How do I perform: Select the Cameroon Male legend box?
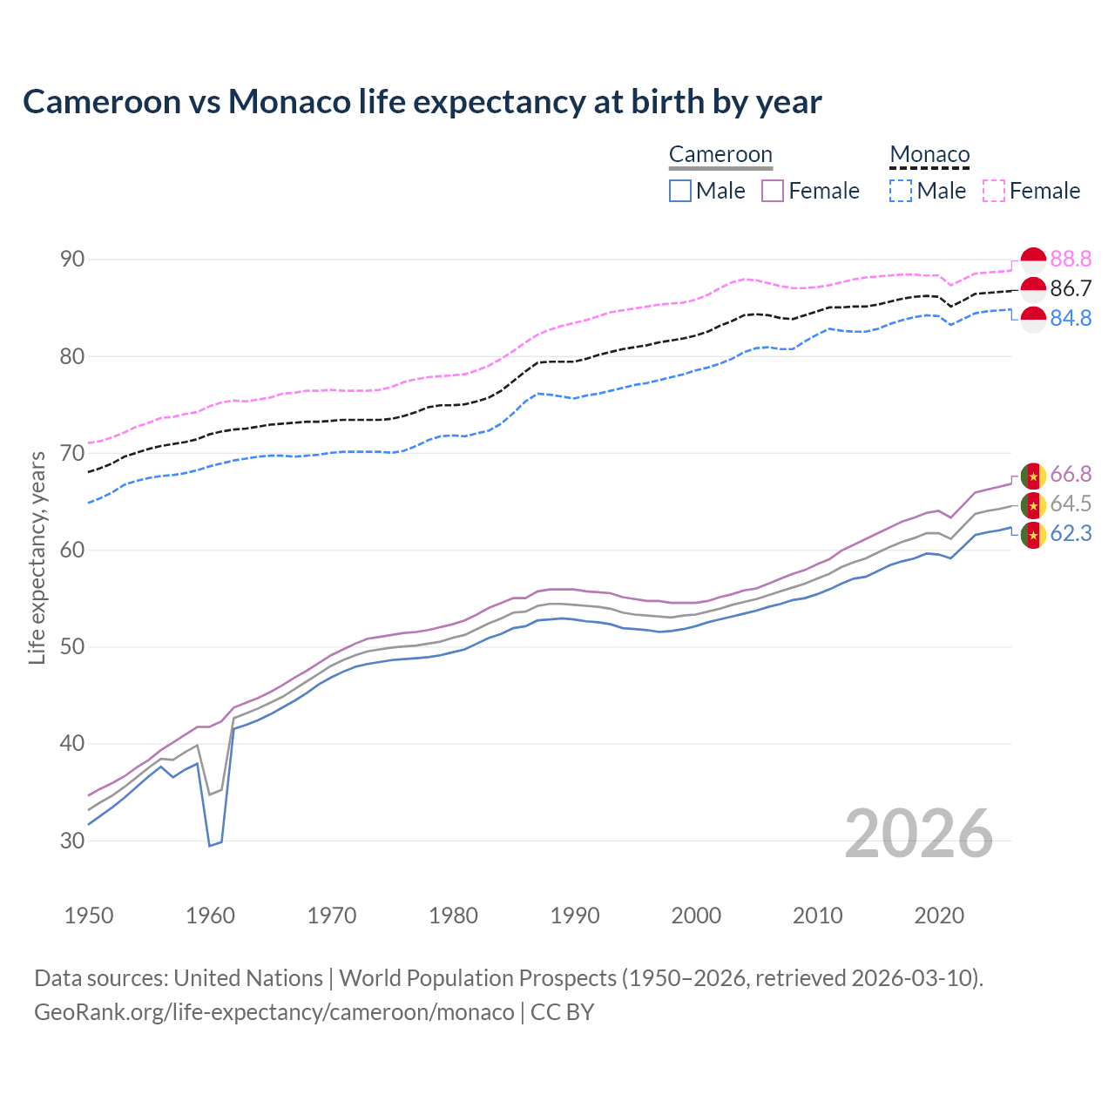(x=680, y=191)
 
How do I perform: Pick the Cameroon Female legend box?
(x=773, y=191)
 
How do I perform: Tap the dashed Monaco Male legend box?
(x=901, y=191)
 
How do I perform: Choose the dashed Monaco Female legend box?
(x=994, y=191)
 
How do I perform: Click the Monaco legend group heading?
(x=929, y=155)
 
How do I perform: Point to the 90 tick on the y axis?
(x=72, y=260)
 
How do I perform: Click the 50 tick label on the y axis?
(x=72, y=647)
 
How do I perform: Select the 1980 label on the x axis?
(x=454, y=916)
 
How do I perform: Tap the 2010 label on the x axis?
(x=817, y=916)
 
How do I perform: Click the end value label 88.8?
(x=1071, y=260)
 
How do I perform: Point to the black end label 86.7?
(x=1071, y=289)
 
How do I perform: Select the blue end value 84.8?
(x=1071, y=319)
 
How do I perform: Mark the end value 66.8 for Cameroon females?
(x=1071, y=475)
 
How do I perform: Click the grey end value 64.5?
(x=1071, y=504)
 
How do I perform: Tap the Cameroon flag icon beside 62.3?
(x=1033, y=534)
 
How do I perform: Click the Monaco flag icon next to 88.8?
(x=1033, y=260)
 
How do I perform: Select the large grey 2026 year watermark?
(x=919, y=835)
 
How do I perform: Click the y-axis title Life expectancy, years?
(x=37, y=557)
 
